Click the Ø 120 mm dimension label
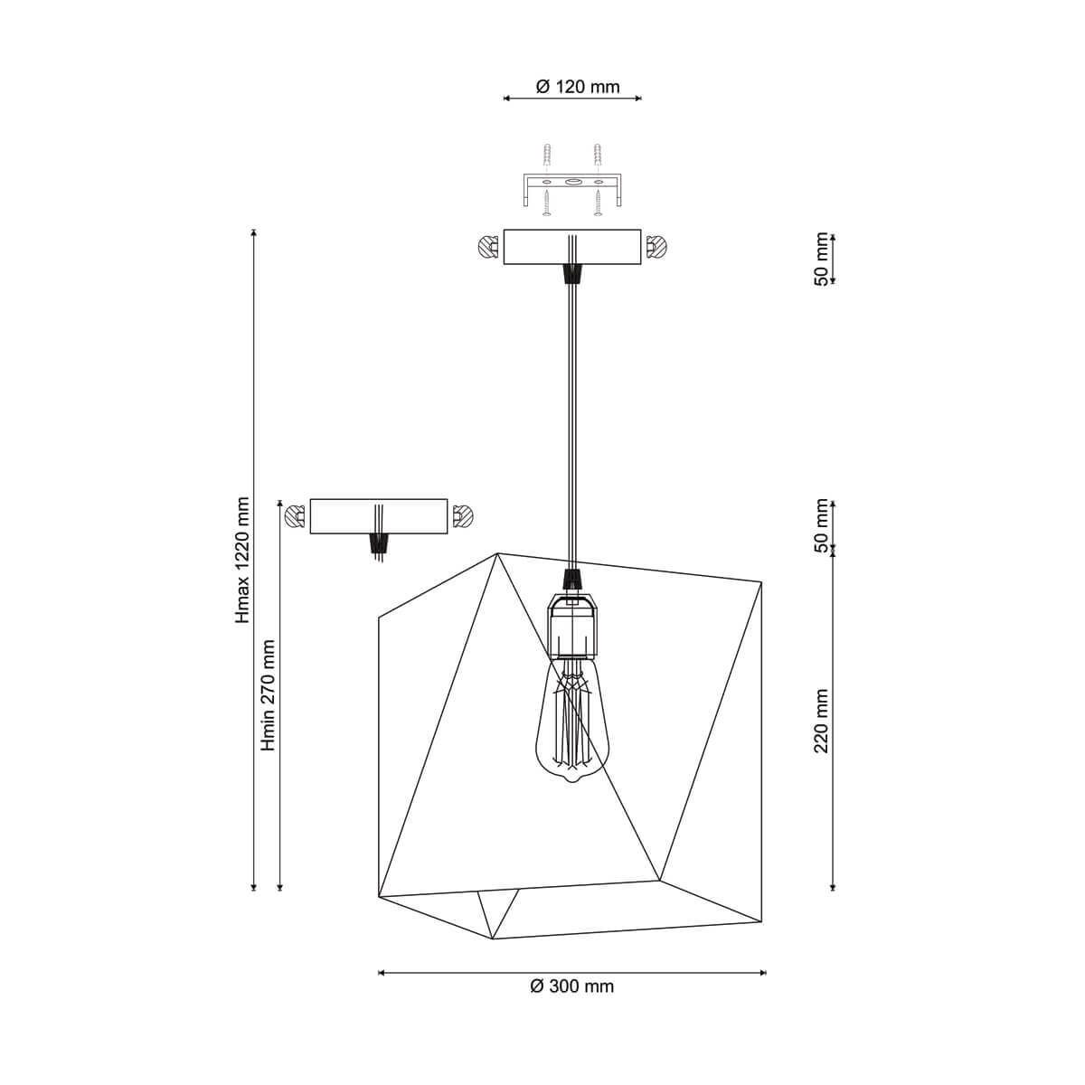pos(578,87)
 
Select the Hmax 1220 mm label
pos(242,561)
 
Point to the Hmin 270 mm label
pos(269,695)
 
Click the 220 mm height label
pos(822,721)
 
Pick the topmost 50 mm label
pos(822,259)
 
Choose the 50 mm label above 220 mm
pos(822,526)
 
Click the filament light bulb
pos(571,722)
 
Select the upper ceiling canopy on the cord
pos(572,247)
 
